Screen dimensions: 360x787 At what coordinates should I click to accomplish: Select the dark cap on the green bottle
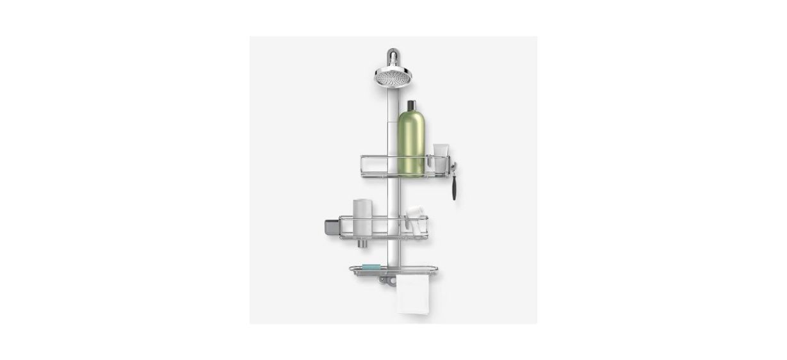(x=410, y=106)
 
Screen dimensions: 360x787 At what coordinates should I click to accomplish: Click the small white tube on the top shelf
(x=440, y=158)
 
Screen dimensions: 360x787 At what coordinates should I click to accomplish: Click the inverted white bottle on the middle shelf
(x=362, y=218)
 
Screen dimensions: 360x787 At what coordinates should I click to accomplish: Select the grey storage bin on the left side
(x=332, y=227)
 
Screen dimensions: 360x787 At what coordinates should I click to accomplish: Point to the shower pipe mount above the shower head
(x=391, y=56)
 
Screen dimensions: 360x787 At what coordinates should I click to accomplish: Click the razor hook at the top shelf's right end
(x=452, y=168)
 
